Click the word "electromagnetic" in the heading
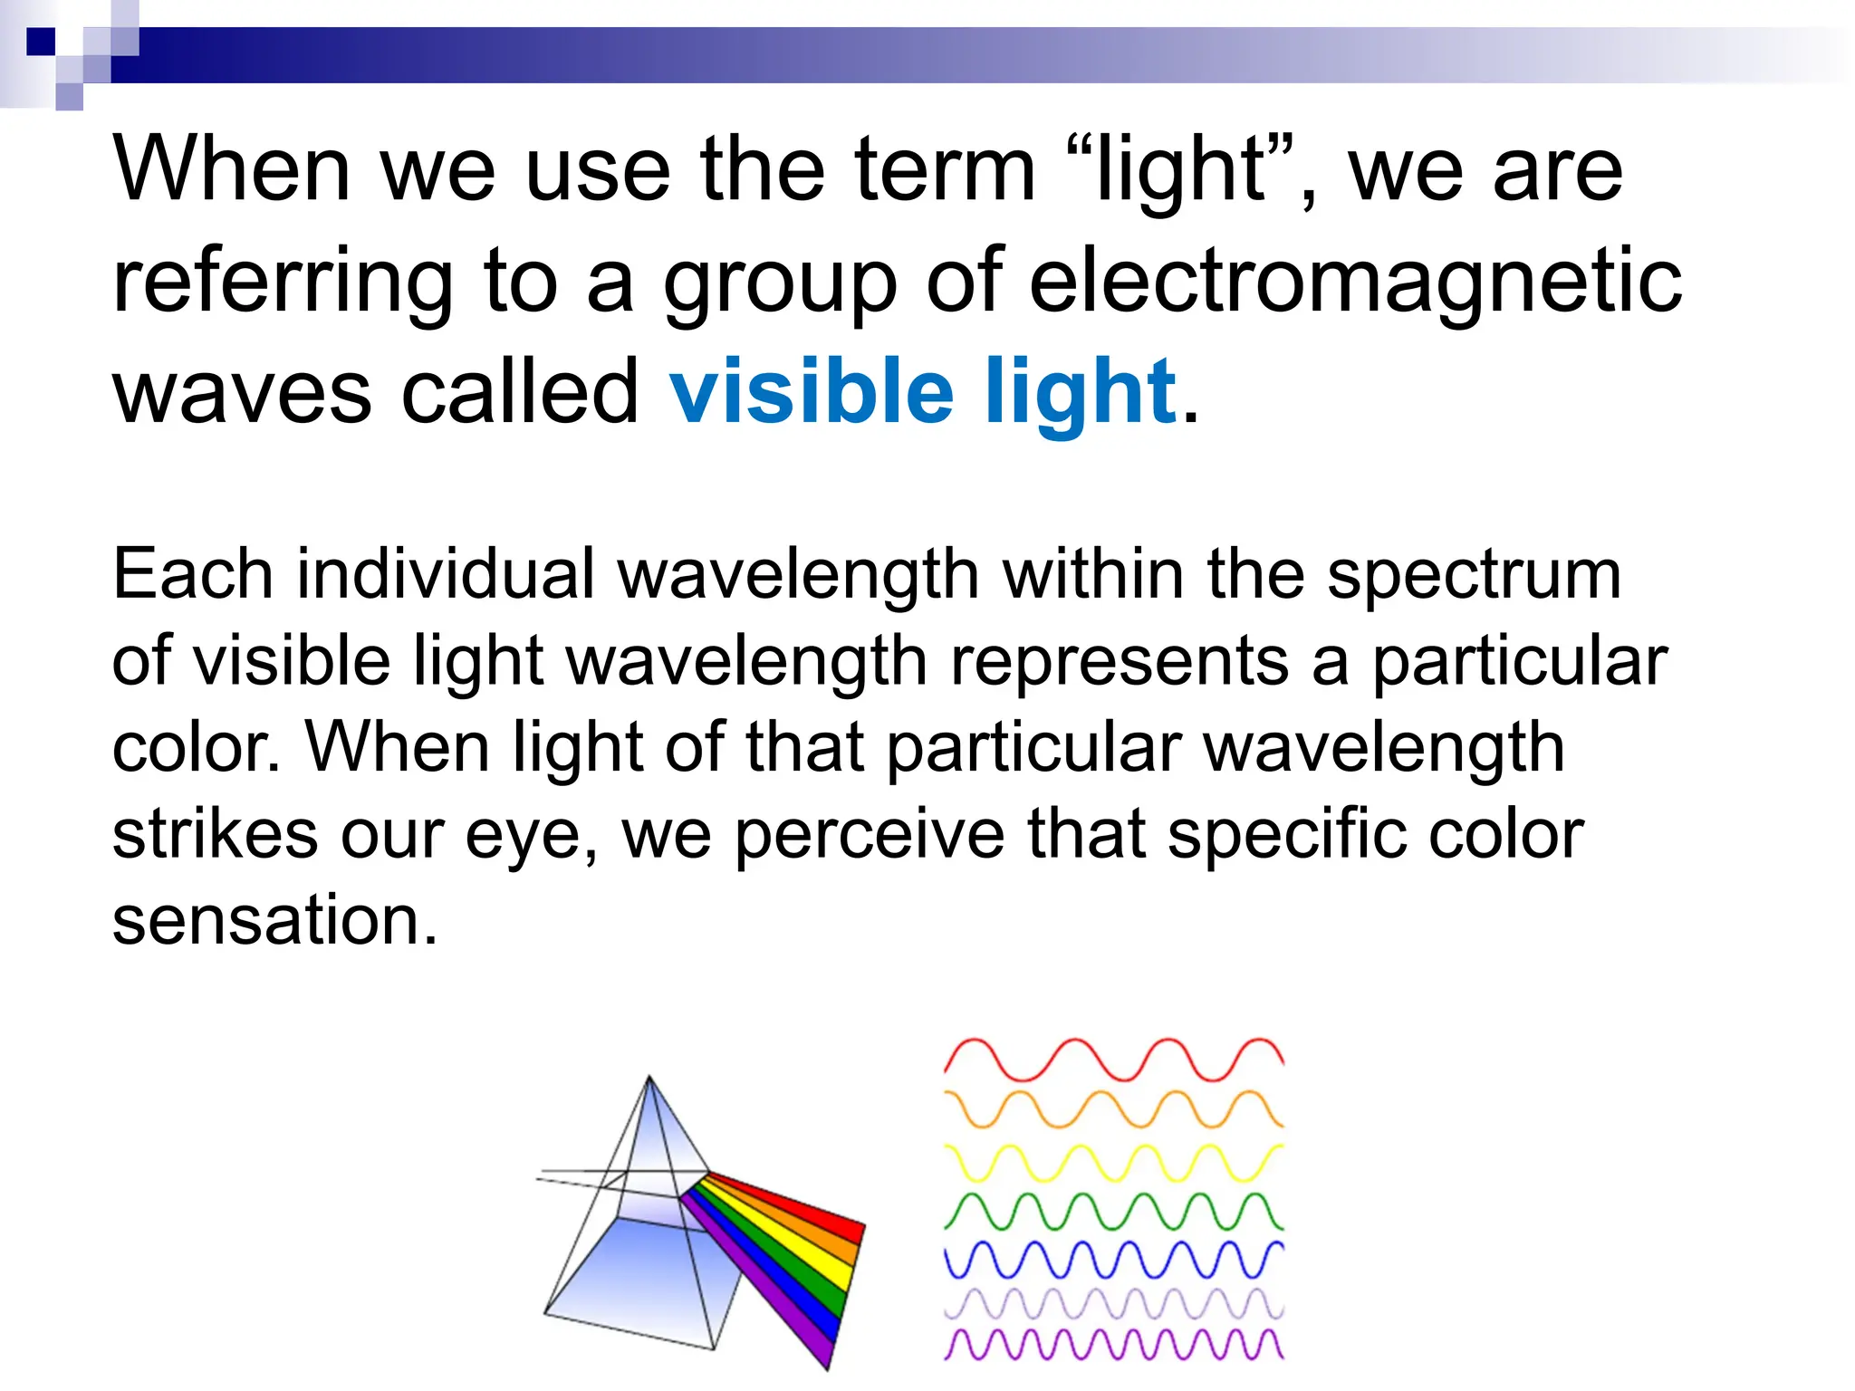(x=1355, y=283)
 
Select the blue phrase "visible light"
(x=922, y=393)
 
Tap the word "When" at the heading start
(x=232, y=170)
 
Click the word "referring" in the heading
(x=282, y=283)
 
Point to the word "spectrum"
(x=1474, y=576)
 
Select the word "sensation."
(x=274, y=920)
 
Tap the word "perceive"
(x=868, y=834)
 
